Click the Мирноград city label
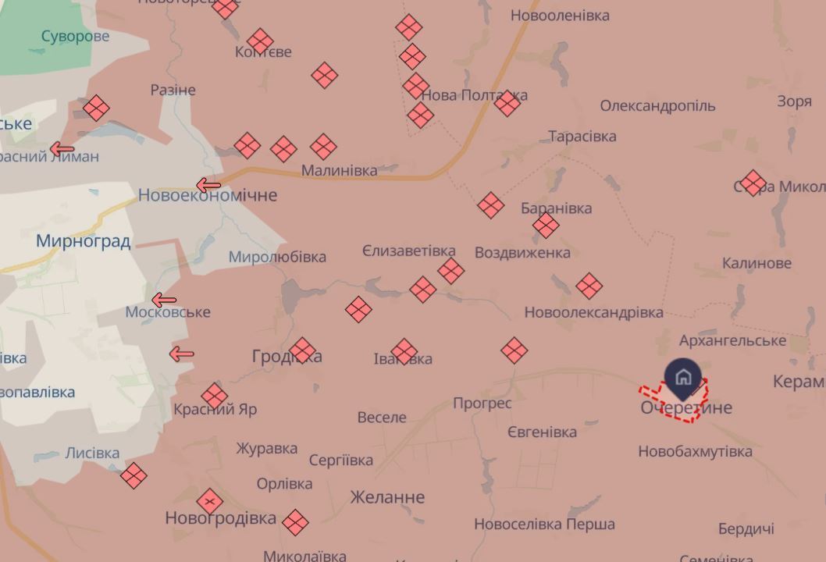[x=83, y=240]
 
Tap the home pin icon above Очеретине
[x=682, y=376]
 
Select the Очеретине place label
[x=686, y=407]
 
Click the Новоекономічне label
[x=208, y=195]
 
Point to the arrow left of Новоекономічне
[x=208, y=185]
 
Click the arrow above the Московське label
[x=164, y=300]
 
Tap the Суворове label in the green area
[x=75, y=37]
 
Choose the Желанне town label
[x=387, y=497]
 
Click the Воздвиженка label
[x=522, y=253]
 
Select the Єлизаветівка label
[x=408, y=251]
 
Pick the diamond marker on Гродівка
[x=302, y=350]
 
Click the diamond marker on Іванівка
[x=404, y=351]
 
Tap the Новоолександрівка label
[x=593, y=312]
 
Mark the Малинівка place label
[x=339, y=170]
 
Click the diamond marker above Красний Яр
[x=214, y=396]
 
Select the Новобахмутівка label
[x=695, y=451]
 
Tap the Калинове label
[x=757, y=263]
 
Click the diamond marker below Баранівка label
[x=546, y=226]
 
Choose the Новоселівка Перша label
[x=544, y=525]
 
